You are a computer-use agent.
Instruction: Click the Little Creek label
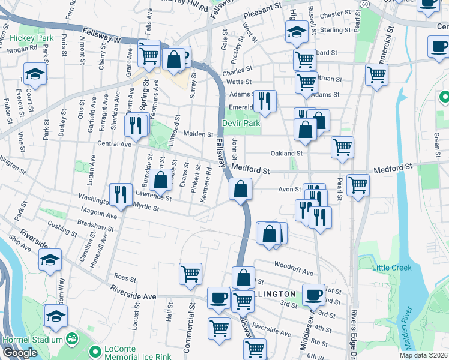pos(392,268)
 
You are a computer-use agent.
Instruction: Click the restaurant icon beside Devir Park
pos(264,101)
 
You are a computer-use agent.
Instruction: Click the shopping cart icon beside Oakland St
pos(342,147)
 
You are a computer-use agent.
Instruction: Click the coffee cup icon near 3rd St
pos(313,295)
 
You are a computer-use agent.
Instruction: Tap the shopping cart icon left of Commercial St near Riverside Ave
pos(190,274)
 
